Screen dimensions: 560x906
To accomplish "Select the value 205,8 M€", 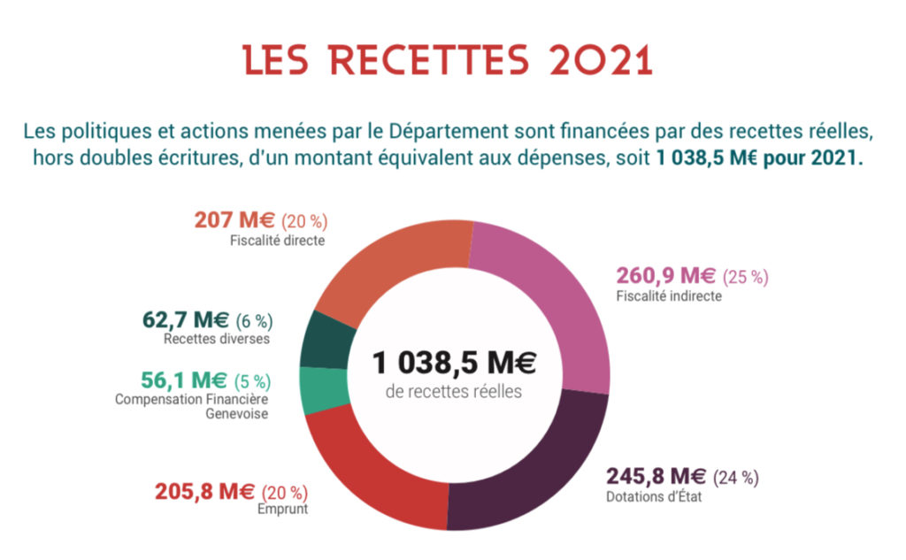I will [x=204, y=491].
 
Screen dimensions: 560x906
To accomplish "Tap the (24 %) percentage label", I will [x=735, y=478].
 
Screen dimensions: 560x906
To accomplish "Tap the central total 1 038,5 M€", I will [x=454, y=363].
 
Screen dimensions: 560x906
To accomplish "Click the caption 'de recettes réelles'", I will [x=454, y=391].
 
